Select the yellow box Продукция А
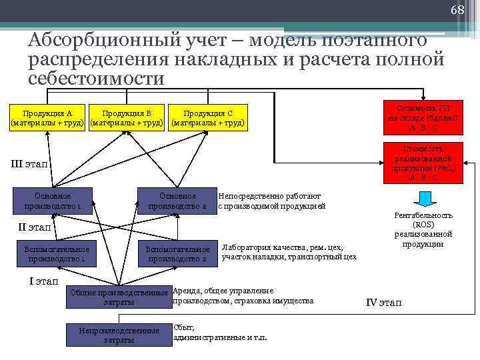48,117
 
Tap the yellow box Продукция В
127,117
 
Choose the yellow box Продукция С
208,117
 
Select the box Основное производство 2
177,201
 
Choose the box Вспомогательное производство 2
177,253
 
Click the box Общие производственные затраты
119,297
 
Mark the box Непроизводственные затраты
119,335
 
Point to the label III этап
30,164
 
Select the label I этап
44,281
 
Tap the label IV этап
384,303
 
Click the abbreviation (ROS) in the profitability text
423,225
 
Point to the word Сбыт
184,327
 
